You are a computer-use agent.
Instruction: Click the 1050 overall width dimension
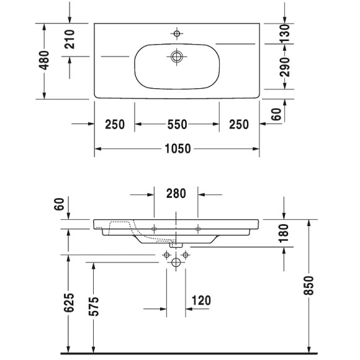177,149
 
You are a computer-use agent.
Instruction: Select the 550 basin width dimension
177,125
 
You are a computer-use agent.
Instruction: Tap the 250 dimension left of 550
115,125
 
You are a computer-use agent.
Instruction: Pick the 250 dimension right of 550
238,125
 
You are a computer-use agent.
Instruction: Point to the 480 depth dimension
43,61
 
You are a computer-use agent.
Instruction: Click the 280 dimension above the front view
176,194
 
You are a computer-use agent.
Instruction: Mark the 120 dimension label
202,301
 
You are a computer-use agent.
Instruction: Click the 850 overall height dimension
309,285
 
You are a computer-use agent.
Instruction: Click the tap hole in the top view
177,33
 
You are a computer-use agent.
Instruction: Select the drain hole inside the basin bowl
177,56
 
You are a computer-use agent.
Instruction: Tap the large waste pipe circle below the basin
176,263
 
